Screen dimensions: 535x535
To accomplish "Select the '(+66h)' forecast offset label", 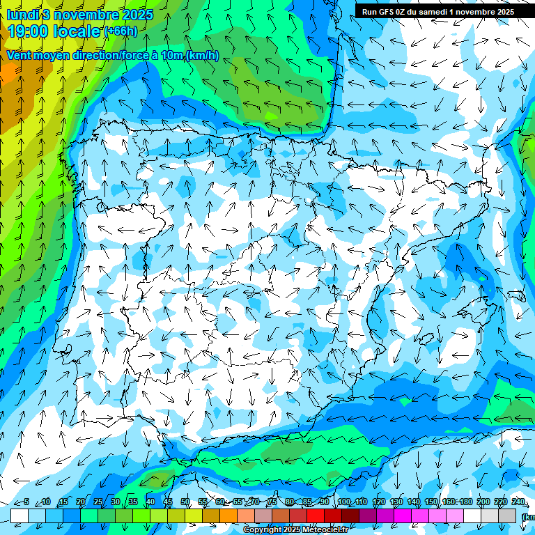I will [x=121, y=31].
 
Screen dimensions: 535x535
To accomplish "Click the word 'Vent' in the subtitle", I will [x=21, y=56].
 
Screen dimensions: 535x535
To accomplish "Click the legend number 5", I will [x=26, y=502].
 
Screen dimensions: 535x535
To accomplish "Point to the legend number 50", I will [x=185, y=502].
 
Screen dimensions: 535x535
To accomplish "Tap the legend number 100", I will [x=344, y=502].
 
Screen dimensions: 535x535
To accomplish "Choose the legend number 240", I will [x=518, y=502].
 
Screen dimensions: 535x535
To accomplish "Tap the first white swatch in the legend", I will [x=20, y=515].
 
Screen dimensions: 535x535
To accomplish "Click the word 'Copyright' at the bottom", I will [x=263, y=530].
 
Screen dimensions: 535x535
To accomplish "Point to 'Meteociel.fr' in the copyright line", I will [x=325, y=530].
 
